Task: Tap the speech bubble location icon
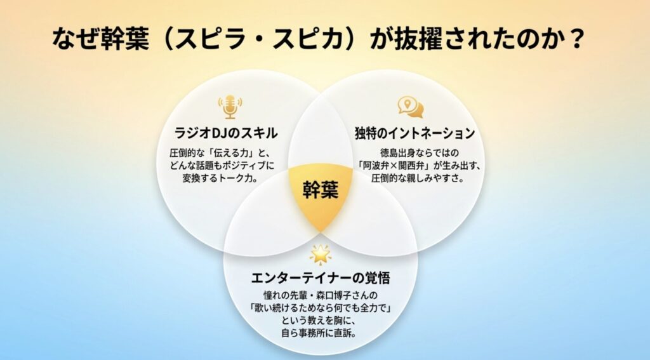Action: [410, 107]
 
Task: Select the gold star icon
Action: [320, 254]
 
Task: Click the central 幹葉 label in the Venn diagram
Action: [320, 190]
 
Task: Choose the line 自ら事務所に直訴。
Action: [321, 333]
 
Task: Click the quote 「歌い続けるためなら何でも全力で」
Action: [320, 308]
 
